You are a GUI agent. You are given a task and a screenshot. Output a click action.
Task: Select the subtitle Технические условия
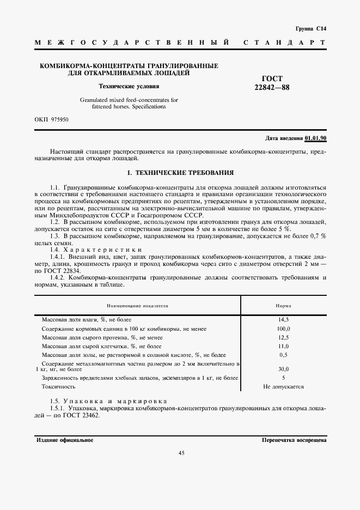click(129, 86)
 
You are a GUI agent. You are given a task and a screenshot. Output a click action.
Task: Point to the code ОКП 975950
click(51, 119)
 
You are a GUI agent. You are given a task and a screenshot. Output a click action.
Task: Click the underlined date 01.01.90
click(315, 138)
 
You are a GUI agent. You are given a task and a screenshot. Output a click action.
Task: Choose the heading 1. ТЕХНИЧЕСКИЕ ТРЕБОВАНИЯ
click(180, 173)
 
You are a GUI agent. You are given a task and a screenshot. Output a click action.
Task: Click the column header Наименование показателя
click(137, 306)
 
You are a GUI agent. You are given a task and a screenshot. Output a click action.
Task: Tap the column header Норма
click(283, 306)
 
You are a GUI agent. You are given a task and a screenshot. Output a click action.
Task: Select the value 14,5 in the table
click(283, 320)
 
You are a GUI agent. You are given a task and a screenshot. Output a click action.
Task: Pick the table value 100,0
click(283, 329)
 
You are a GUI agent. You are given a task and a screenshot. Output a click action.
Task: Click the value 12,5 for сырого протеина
click(283, 337)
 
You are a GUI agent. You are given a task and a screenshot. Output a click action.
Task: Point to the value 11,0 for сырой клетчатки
click(283, 346)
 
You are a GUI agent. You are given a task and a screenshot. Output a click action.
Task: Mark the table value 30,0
click(283, 369)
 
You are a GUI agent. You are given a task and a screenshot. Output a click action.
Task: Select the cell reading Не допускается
click(283, 386)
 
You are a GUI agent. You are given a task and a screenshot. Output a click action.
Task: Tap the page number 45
click(181, 452)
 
